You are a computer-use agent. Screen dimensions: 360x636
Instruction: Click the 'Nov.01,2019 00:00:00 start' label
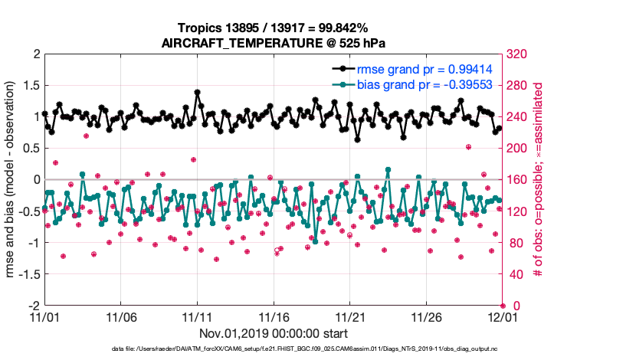click(274, 333)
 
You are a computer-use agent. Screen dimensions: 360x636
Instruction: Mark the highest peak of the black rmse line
click(198, 92)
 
